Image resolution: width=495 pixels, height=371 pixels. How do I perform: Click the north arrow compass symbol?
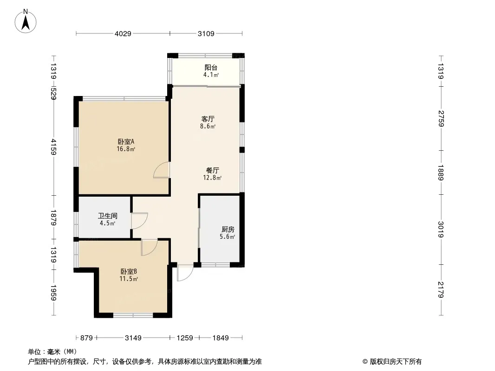coord(26,21)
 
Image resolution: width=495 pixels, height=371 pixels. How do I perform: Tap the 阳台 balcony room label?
coord(211,67)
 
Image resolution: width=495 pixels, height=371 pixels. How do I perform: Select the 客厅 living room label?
coord(208,119)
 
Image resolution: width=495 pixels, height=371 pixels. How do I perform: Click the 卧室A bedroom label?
coord(126,141)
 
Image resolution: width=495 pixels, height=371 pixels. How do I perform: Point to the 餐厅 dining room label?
coord(213,170)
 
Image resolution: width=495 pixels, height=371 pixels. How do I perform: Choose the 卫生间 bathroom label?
coord(108,216)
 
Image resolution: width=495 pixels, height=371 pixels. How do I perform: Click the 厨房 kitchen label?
coord(228,229)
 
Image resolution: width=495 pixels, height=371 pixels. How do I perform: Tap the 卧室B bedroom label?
coord(129,271)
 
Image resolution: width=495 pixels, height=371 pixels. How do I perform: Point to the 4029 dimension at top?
coord(123,33)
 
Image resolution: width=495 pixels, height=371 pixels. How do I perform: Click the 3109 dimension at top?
coord(206,33)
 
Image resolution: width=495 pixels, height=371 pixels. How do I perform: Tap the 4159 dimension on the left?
coord(53,147)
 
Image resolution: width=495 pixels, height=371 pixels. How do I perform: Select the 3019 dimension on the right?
coord(441,230)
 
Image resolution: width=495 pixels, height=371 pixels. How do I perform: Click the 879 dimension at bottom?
coord(86,338)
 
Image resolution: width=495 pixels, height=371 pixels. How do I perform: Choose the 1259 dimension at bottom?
coord(185,338)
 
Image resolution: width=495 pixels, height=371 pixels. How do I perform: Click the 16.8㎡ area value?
coord(126,149)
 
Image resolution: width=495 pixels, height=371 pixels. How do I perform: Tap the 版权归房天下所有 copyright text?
coord(396,362)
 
